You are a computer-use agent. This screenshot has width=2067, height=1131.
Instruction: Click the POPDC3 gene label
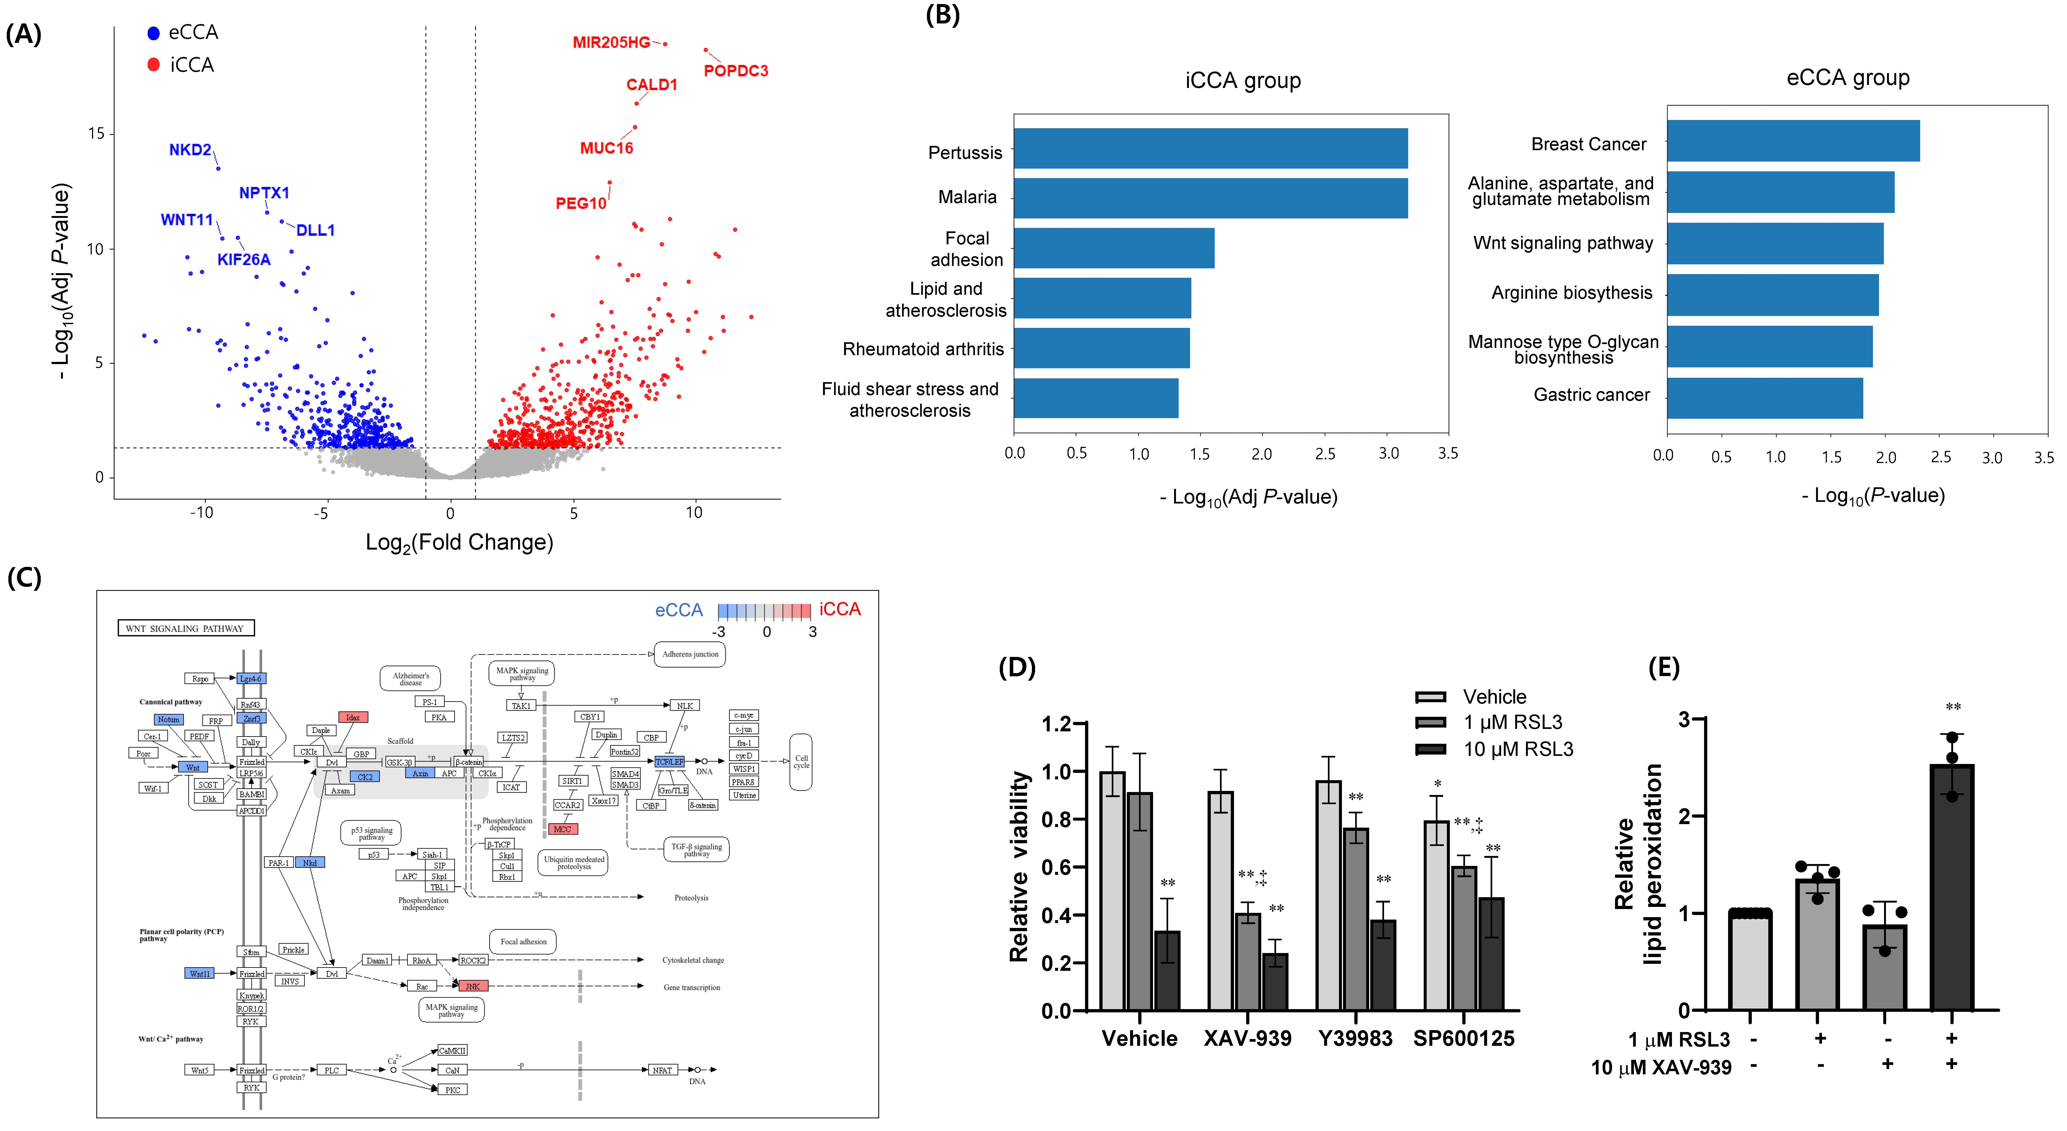click(x=735, y=71)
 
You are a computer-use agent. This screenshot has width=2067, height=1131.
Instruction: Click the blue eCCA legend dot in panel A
click(x=153, y=33)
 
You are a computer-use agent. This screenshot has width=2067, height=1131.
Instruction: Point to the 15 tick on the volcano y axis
click(x=96, y=133)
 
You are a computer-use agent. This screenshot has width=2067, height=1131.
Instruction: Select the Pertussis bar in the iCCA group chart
click(x=1210, y=148)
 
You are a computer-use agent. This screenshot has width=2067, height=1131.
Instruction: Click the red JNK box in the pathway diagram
click(x=472, y=986)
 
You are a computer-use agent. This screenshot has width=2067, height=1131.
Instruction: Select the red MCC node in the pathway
click(x=562, y=829)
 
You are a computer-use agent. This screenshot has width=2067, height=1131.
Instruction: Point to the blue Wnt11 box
click(x=199, y=974)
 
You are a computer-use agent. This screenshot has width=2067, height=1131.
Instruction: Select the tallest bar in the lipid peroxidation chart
click(x=1952, y=886)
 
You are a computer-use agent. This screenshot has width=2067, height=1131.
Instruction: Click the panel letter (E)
click(x=1663, y=667)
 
